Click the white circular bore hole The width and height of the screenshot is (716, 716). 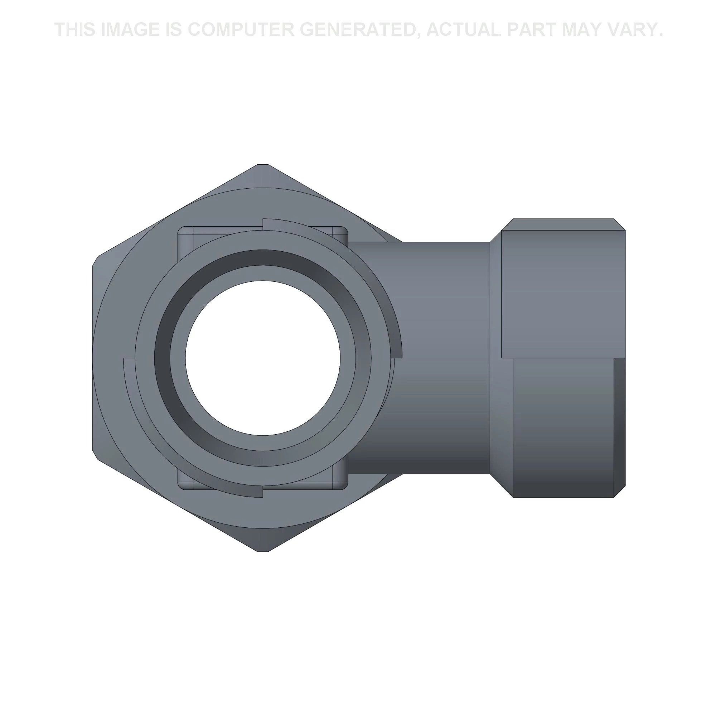[263, 358]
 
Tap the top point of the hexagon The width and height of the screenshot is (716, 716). [263, 165]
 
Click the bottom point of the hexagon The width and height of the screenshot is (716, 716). [263, 551]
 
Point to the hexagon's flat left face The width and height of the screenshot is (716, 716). [93, 358]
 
